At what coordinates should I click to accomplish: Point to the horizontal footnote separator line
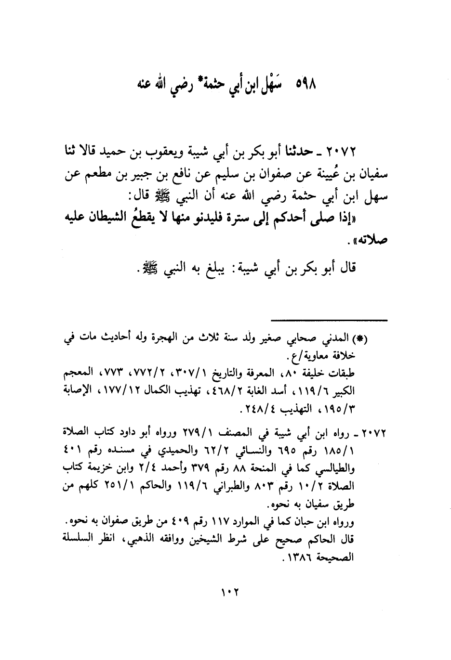pos(329,320)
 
